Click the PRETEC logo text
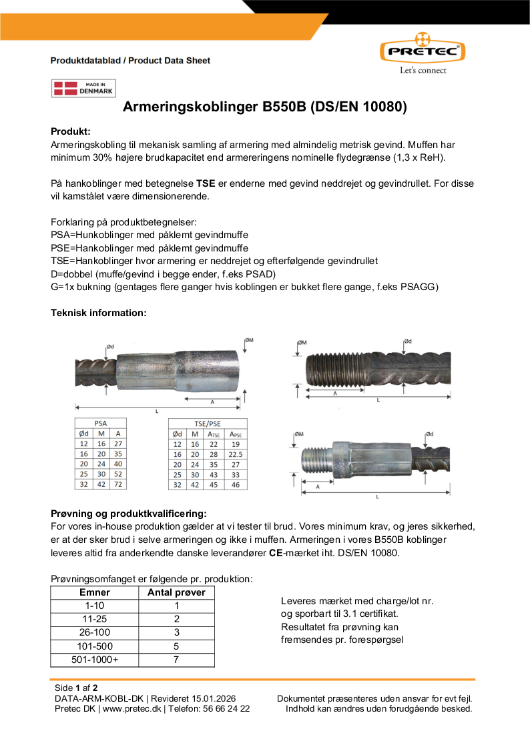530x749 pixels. pos(423,51)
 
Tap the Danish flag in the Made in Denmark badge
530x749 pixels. pos(65,88)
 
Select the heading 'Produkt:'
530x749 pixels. pos(70,131)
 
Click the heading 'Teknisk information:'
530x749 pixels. pos(98,312)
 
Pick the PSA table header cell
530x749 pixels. pos(100,423)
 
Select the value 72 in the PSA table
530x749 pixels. pos(118,484)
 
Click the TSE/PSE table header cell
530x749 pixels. pos(207,423)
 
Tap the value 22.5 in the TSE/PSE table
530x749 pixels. pos(234,454)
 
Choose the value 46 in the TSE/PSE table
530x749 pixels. pos(234,484)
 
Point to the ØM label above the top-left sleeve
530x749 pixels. pos(249,341)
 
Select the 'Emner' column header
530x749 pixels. pos(94,592)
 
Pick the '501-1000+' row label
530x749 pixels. pos(94,660)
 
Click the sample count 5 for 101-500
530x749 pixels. pos(176,646)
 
